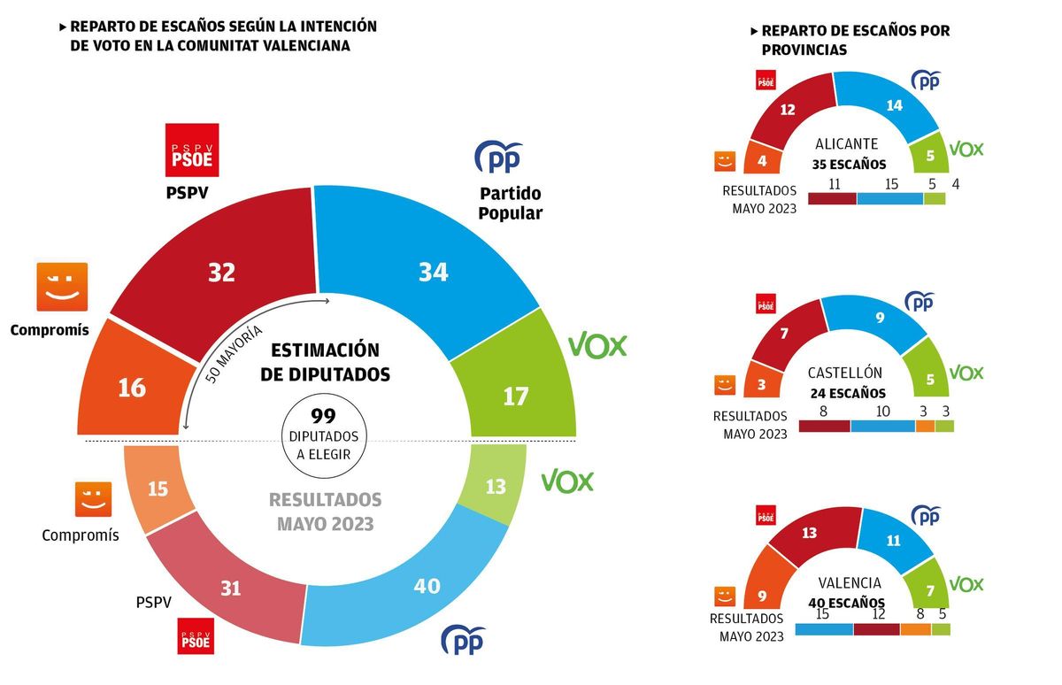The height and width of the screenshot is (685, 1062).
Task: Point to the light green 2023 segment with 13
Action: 496,485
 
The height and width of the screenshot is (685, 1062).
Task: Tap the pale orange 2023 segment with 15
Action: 158,489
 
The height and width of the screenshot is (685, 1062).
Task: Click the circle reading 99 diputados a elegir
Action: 324,435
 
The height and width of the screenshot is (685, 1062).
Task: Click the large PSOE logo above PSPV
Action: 192,150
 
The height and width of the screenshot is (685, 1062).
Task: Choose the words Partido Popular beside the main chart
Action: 510,203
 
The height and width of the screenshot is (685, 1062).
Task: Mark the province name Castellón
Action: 845,373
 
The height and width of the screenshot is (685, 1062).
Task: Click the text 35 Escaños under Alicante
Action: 849,165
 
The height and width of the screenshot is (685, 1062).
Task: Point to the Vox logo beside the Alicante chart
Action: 966,149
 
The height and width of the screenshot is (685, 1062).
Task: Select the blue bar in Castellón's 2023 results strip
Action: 882,427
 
